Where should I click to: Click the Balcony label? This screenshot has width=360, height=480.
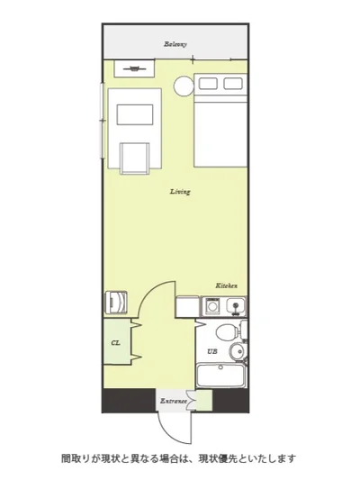[x=175, y=44]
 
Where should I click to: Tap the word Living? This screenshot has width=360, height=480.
[x=181, y=192]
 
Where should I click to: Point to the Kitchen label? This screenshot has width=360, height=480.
[x=226, y=285]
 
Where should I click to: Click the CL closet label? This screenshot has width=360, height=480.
[x=115, y=343]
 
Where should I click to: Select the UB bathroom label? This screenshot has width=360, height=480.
[x=212, y=352]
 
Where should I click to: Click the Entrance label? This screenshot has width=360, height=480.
[x=174, y=401]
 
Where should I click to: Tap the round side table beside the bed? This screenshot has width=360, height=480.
[x=184, y=86]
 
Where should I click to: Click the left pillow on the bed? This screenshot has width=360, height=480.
[x=208, y=84]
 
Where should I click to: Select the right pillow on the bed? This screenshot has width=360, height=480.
[x=233, y=84]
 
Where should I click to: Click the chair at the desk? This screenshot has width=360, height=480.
[x=135, y=158]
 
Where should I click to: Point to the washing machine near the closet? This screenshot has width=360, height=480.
[x=115, y=303]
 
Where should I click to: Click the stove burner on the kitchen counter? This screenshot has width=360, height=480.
[x=211, y=305]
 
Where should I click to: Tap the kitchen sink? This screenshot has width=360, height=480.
[x=236, y=306]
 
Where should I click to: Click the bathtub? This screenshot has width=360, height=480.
[x=220, y=376]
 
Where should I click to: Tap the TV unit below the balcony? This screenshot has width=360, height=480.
[x=134, y=68]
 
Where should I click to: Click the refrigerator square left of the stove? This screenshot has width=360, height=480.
[x=187, y=306]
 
